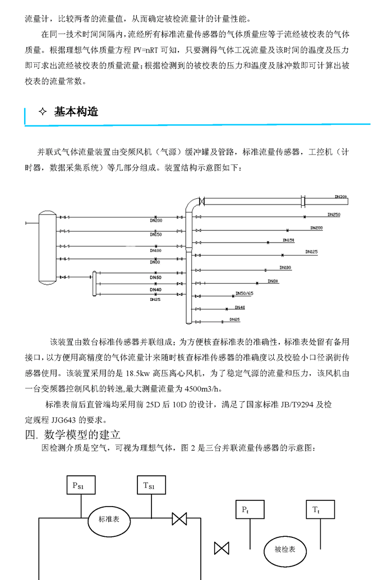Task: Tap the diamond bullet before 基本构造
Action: pyautogui.click(x=43, y=112)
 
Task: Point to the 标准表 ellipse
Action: pyautogui.click(x=109, y=519)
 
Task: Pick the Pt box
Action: pyautogui.click(x=245, y=510)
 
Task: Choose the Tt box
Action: pyautogui.click(x=317, y=510)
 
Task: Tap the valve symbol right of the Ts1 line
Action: pyautogui.click(x=179, y=518)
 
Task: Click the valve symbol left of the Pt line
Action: pyautogui.click(x=222, y=547)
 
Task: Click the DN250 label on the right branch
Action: pyautogui.click(x=333, y=215)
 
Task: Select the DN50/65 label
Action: pyautogui.click(x=244, y=293)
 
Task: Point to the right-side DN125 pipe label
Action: pyautogui.click(x=311, y=252)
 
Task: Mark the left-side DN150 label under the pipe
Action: pyautogui.click(x=156, y=235)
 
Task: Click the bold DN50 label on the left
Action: pyautogui.click(x=156, y=277)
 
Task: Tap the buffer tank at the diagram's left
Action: pyautogui.click(x=46, y=248)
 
